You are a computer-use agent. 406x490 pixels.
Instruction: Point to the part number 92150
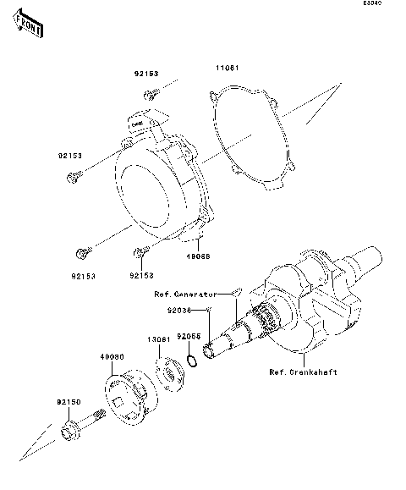[69, 401]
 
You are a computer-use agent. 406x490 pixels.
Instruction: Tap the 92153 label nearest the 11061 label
[146, 74]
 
